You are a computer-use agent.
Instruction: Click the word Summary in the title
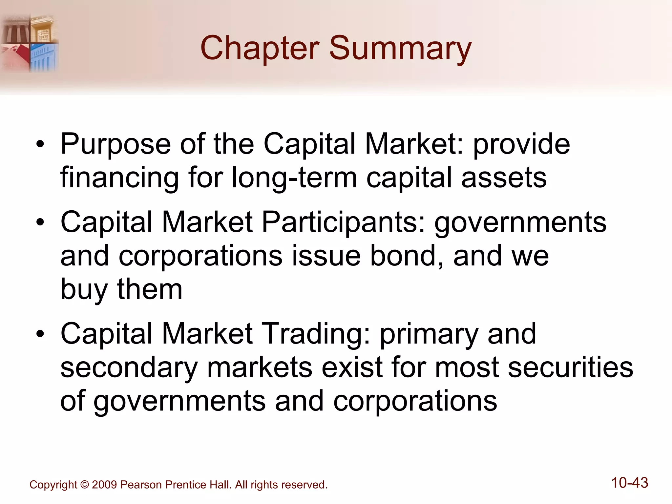[x=400, y=48]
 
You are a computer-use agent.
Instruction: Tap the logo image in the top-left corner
[x=30, y=43]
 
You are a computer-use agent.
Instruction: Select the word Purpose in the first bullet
[x=115, y=144]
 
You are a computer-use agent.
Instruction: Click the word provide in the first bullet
[x=521, y=144]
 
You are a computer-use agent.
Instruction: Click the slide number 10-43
[x=630, y=483]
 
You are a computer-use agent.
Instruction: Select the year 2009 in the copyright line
[x=104, y=485]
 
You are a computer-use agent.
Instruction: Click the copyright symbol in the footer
[x=85, y=485]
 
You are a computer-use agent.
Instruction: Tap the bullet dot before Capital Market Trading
[x=40, y=334]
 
